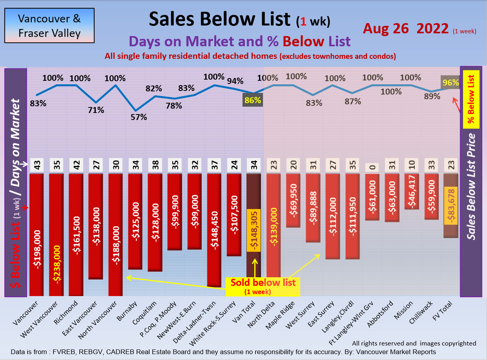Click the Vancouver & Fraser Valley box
[x=49, y=25]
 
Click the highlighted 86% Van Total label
[x=253, y=100]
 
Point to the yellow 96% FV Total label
[x=451, y=82]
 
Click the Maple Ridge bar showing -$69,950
[x=293, y=200]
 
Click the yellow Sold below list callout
[x=263, y=286]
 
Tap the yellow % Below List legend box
[x=471, y=99]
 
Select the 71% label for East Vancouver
[x=96, y=110]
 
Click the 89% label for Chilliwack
[x=432, y=96]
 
